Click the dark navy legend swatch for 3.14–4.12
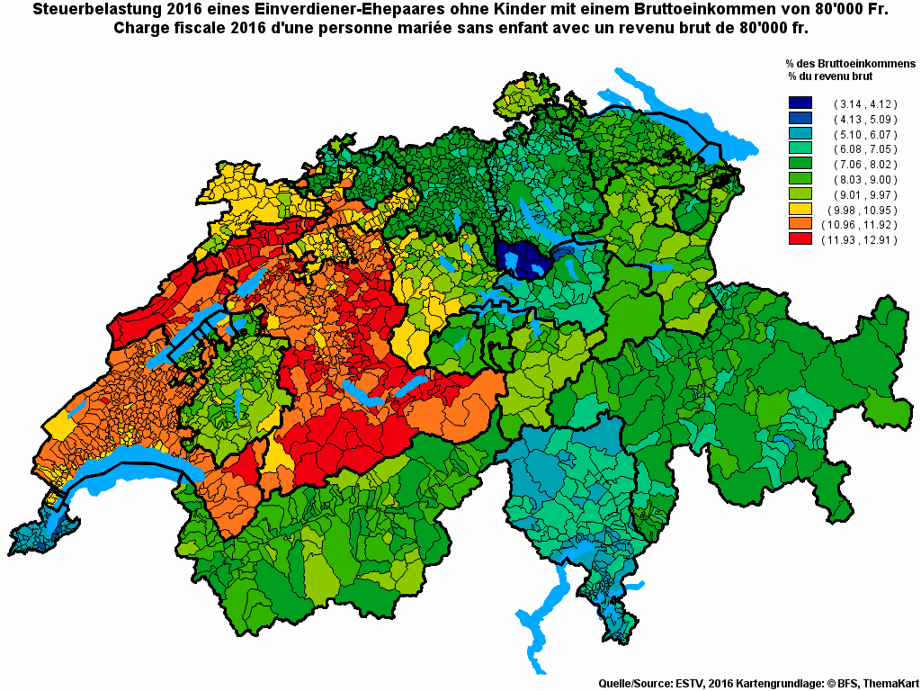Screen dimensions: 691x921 800,103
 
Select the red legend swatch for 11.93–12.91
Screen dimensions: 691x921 800,240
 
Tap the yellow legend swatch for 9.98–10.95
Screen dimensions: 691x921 800,210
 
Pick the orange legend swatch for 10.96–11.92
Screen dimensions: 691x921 800,225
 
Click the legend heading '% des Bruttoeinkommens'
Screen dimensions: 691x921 850,65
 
